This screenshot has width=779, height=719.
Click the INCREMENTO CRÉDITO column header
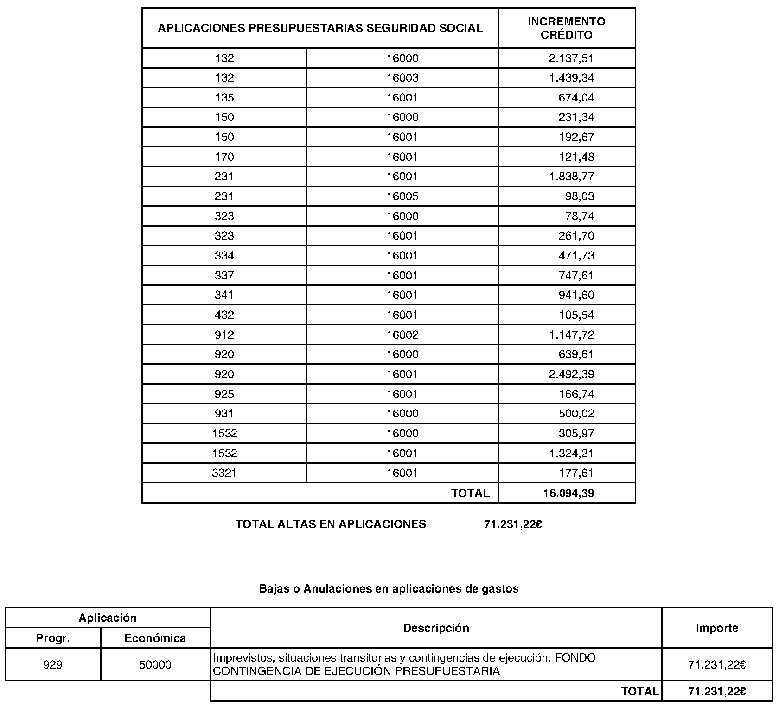(566, 28)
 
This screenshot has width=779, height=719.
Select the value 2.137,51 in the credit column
(571, 58)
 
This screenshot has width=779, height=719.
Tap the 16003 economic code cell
(402, 78)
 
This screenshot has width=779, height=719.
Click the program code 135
(224, 98)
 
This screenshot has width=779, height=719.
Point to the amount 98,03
(579, 196)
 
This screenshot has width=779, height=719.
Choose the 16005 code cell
(402, 196)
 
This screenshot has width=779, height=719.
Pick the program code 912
(224, 334)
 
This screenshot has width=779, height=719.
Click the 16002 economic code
(402, 334)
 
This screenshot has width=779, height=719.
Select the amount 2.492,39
(571, 374)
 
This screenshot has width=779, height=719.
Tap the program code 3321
(224, 473)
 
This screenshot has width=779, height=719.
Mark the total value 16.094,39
(568, 493)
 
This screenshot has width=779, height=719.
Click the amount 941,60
(576, 295)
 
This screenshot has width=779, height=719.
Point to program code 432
(224, 315)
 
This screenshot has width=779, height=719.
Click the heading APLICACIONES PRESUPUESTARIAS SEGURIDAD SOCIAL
(320, 28)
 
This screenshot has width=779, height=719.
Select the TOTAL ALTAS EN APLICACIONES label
(331, 524)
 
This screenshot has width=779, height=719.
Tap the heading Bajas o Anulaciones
(389, 588)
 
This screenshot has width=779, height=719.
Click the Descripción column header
(436, 628)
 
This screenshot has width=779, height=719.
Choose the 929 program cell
(53, 664)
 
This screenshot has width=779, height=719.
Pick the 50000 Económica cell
(155, 664)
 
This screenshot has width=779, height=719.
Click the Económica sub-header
(155, 638)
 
